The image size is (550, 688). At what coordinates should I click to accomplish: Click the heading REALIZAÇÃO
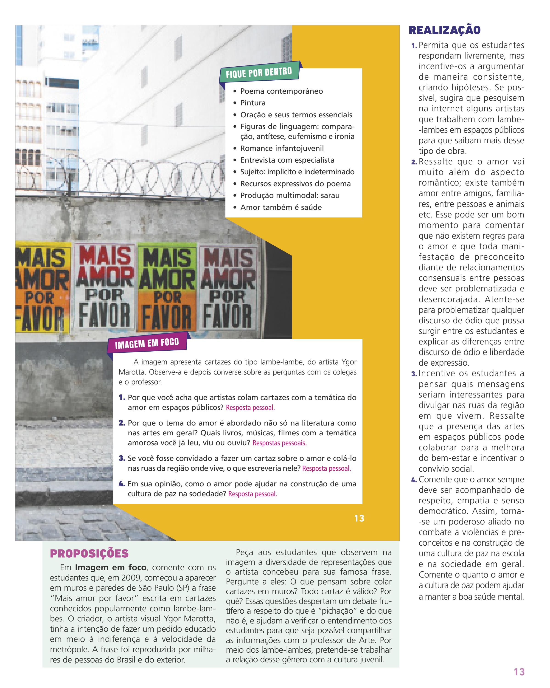pyautogui.click(x=444, y=30)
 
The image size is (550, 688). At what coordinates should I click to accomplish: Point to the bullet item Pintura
pyautogui.click(x=253, y=103)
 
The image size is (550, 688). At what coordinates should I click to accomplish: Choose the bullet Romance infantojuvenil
pyautogui.click(x=282, y=148)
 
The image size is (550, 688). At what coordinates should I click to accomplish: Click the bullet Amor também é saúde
pyautogui.click(x=281, y=207)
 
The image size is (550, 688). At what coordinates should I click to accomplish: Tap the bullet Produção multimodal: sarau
pyautogui.click(x=290, y=195)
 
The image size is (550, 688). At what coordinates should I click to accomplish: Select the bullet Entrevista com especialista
pyautogui.click(x=287, y=160)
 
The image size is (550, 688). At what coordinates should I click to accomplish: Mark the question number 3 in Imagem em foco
pyautogui.click(x=122, y=458)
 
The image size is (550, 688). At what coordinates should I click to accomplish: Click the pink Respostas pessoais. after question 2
pyautogui.click(x=279, y=443)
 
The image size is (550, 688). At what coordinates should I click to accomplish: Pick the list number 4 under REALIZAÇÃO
pyautogui.click(x=414, y=480)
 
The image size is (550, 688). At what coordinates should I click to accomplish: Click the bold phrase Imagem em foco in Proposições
pyautogui.click(x=110, y=568)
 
